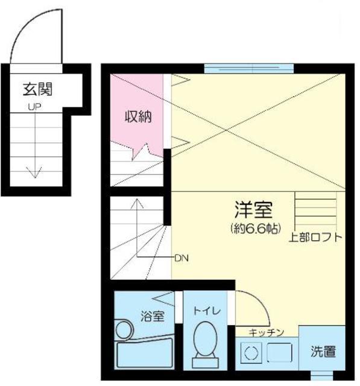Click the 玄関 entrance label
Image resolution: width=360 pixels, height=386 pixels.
click(x=38, y=90)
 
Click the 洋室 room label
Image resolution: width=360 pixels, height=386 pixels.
click(x=253, y=210)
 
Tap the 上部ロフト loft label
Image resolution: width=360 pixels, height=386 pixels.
click(x=315, y=236)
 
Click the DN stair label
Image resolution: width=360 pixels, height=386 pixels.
click(x=182, y=258)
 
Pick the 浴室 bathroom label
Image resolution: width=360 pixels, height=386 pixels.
click(x=153, y=317)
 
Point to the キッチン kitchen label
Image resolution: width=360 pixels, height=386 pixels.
click(x=266, y=332)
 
